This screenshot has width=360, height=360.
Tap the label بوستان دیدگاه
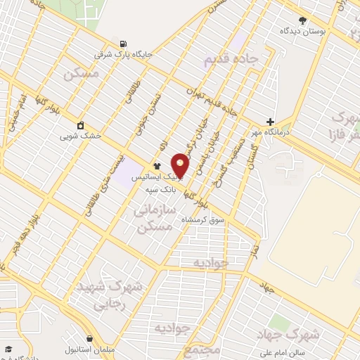302,32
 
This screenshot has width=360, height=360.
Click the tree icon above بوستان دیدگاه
302,20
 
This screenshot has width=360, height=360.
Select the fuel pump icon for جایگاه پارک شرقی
125,43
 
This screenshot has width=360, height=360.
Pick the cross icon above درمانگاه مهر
270,121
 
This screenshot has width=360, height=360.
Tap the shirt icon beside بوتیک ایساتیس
156,167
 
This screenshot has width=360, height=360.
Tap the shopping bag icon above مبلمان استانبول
88,337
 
